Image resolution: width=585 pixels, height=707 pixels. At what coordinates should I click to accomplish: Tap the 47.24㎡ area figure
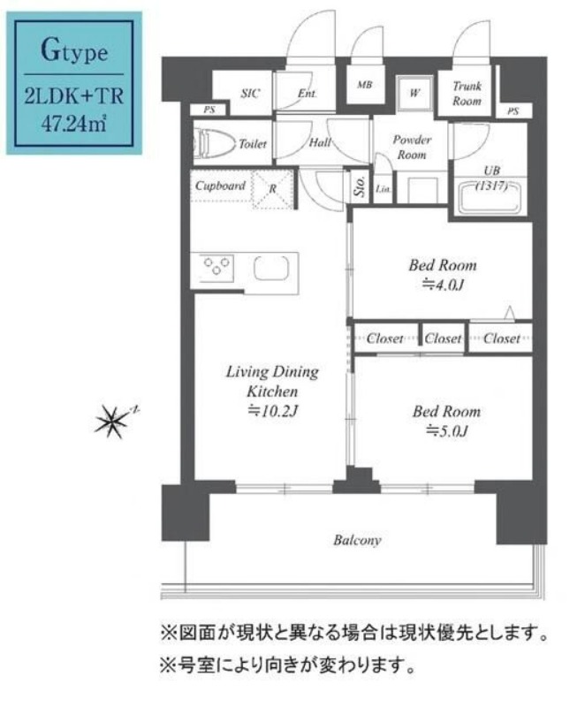pos(74,123)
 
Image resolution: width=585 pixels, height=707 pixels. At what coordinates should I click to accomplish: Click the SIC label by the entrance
pos(251,95)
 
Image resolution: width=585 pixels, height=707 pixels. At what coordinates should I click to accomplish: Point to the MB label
pos(364,86)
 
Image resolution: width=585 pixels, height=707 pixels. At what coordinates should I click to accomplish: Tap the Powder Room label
pos(412,148)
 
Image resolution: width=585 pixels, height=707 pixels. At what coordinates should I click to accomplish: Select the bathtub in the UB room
pos(490,195)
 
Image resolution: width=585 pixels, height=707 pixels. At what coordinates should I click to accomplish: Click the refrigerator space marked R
pos(273,188)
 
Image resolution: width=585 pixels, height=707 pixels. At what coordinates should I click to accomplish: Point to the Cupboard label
pos(220,186)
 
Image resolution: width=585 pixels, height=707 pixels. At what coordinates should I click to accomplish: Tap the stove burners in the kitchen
pos(217,266)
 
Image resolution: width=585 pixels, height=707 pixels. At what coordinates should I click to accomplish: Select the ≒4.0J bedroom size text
pos(442,285)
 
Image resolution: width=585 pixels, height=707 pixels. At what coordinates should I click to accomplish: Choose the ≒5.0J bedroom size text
pos(446,431)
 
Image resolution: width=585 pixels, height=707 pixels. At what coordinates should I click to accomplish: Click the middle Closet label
pos(443,338)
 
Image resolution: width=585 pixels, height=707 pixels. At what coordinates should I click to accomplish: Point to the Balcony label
pos(357,540)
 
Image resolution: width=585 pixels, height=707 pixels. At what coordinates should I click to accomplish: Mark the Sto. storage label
pos(360,186)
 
